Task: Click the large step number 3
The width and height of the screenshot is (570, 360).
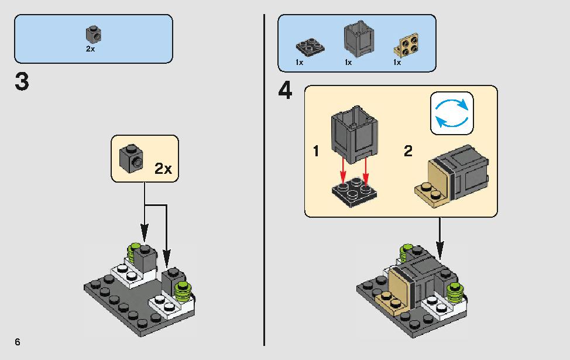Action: (22, 82)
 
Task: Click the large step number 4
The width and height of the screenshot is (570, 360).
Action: (286, 91)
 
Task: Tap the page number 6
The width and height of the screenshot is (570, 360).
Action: (18, 342)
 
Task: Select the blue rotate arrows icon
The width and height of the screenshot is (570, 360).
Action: (452, 113)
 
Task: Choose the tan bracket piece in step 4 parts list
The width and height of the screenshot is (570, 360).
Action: (406, 45)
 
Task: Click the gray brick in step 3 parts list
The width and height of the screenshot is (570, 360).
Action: (94, 34)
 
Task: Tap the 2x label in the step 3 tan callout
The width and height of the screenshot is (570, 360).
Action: (163, 169)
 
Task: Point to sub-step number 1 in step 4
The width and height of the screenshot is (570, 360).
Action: (316, 151)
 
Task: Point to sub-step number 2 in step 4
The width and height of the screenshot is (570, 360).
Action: (408, 151)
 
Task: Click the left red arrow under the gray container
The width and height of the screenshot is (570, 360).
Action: (342, 172)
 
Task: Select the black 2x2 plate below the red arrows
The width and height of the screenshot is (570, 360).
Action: (355, 192)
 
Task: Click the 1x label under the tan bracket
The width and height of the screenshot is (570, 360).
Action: (397, 63)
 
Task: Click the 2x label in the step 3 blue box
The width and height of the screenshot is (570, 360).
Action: (90, 49)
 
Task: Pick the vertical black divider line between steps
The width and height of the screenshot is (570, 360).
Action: (265, 180)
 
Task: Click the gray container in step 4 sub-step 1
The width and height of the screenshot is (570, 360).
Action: (355, 135)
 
